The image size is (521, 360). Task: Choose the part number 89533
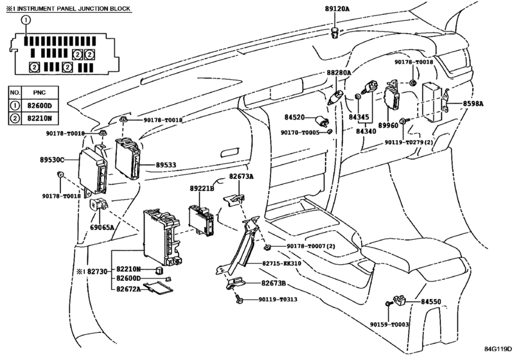166,165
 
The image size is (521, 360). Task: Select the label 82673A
242,177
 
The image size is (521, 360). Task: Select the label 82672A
129,289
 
